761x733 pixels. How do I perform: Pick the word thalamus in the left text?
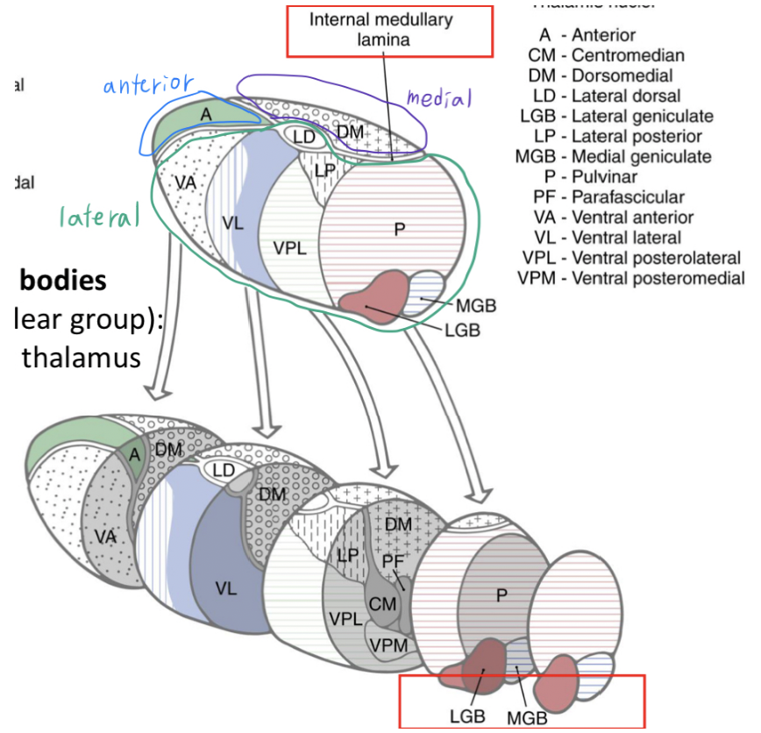[x=82, y=357]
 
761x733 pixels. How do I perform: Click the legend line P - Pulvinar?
[x=610, y=177]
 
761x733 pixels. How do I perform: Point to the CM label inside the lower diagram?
[x=382, y=603]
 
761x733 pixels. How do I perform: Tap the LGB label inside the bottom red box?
[x=467, y=715]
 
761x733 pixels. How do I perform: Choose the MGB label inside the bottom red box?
[x=526, y=717]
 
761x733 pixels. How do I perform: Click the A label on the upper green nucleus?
[x=205, y=113]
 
